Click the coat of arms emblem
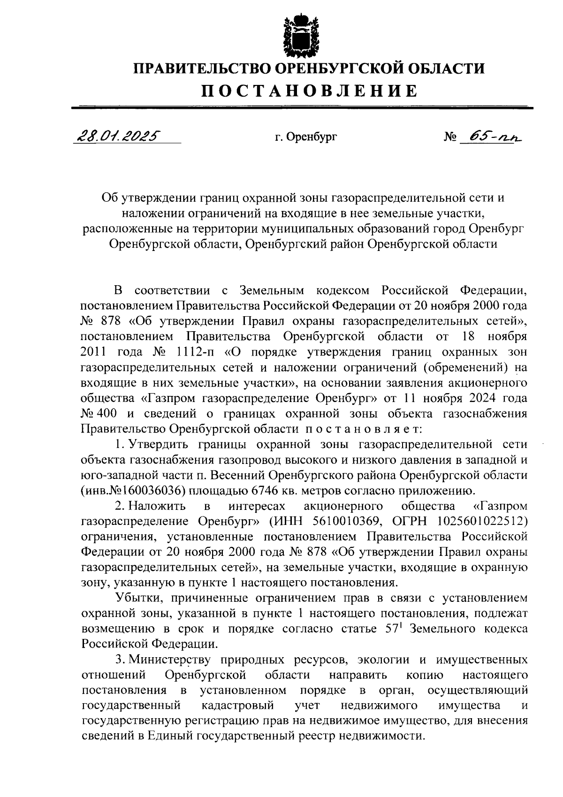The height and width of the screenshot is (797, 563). click(x=295, y=36)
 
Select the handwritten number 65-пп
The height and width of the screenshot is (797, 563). click(x=491, y=136)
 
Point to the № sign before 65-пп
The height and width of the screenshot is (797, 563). click(x=449, y=137)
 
